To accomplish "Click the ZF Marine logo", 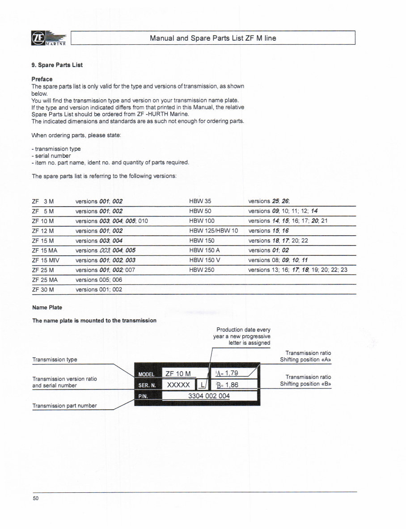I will (x=49, y=38).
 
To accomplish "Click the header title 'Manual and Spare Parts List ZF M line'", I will (x=213, y=38).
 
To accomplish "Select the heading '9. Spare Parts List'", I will (x=57, y=65).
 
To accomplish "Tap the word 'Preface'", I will (x=42, y=79).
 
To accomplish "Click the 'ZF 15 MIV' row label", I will (x=46, y=260).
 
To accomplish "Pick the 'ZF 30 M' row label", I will (x=43, y=290).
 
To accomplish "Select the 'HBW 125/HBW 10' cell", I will (x=213, y=231).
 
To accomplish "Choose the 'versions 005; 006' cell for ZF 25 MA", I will (x=98, y=280).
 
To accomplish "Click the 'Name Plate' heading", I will (x=47, y=308).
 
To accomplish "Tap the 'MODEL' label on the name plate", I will (x=146, y=374).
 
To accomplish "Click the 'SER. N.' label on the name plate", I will (x=147, y=385).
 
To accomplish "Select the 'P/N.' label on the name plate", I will (x=143, y=396).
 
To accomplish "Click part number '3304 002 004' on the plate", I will (x=209, y=396).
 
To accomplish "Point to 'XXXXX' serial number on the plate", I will (x=178, y=385).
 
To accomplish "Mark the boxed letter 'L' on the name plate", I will (x=203, y=385).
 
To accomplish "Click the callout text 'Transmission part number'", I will (x=64, y=406).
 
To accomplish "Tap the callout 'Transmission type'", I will (x=55, y=360).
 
